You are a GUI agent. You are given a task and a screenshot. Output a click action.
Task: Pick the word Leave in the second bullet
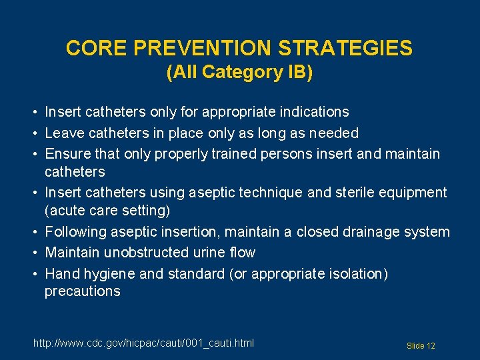tap(65, 133)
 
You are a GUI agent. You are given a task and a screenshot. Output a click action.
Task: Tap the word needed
tap(334, 133)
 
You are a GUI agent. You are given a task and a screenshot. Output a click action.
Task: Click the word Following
tap(75, 232)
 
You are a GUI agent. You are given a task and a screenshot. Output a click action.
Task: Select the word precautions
tap(82, 291)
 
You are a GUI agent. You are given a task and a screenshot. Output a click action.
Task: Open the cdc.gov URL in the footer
tap(143, 343)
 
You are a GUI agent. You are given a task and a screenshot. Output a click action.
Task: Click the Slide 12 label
tap(421, 345)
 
